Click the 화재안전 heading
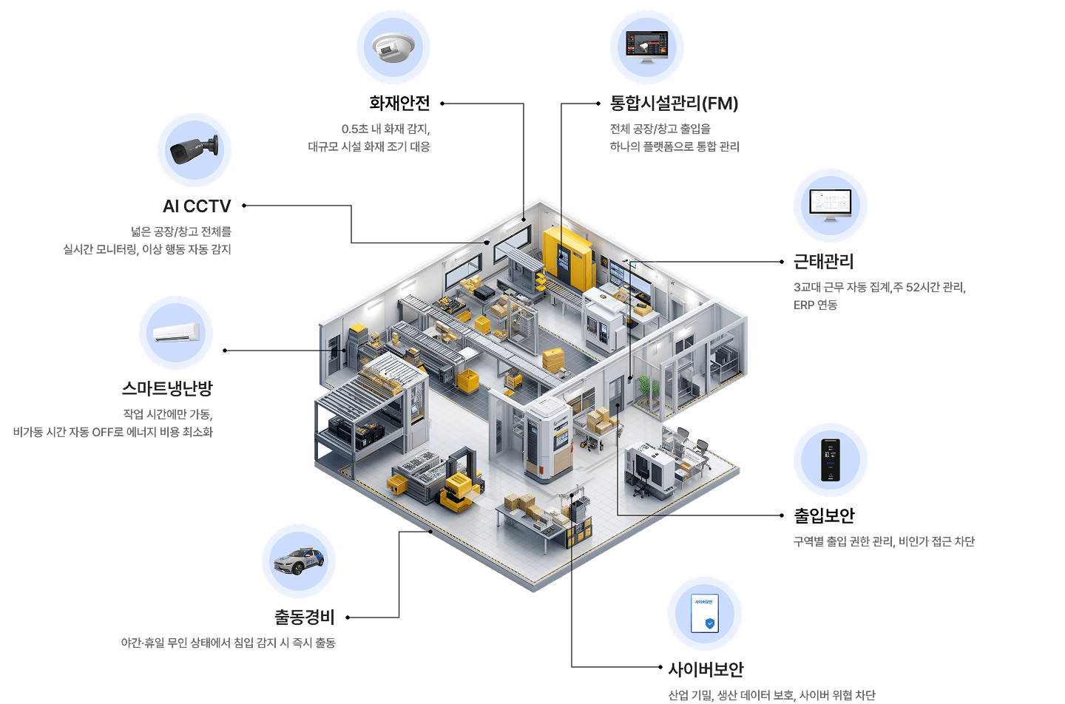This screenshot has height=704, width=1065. [399, 104]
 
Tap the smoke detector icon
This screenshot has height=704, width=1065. [393, 47]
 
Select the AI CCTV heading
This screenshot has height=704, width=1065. [197, 206]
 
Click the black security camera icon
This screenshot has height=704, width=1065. [195, 149]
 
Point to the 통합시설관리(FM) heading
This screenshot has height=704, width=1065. [674, 104]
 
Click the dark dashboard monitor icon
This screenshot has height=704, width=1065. [646, 47]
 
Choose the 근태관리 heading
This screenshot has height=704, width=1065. [823, 262]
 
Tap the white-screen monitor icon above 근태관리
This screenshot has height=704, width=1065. [830, 206]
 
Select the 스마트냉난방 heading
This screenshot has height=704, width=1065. [167, 388]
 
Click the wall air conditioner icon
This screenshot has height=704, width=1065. [176, 333]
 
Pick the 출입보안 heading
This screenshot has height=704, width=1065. [824, 515]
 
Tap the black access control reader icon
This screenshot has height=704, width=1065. [830, 460]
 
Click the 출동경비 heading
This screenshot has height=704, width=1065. [304, 617]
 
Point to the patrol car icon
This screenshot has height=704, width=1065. [299, 561]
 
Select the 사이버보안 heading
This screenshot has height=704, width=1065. [706, 670]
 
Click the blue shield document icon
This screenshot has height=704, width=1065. [704, 614]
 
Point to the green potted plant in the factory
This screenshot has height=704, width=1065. [645, 388]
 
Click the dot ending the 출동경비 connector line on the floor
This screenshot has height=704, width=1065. [430, 531]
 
